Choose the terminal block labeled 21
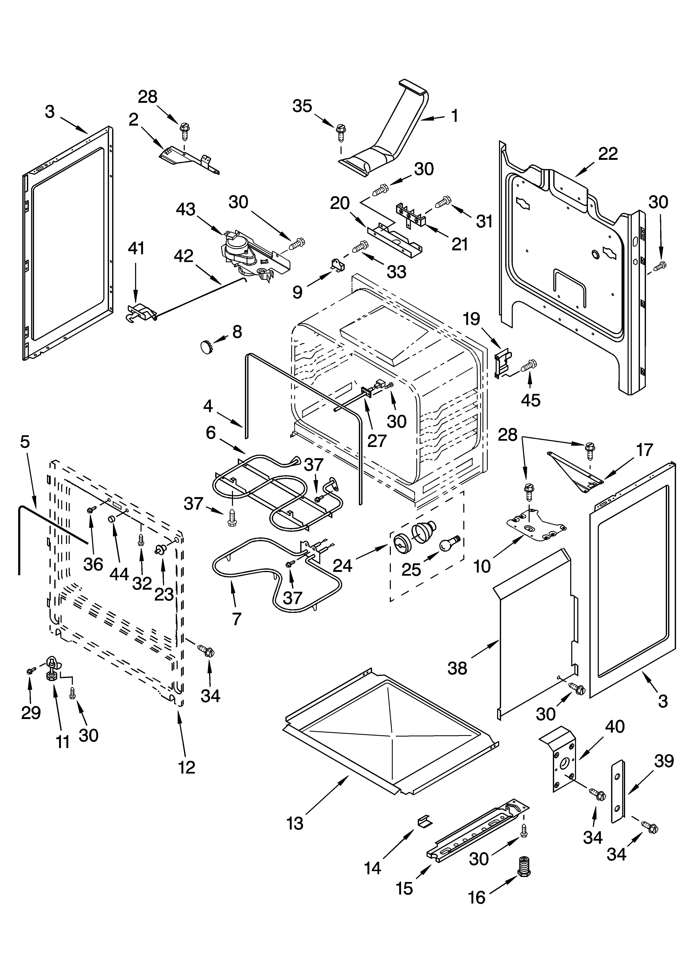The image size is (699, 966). click(411, 215)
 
